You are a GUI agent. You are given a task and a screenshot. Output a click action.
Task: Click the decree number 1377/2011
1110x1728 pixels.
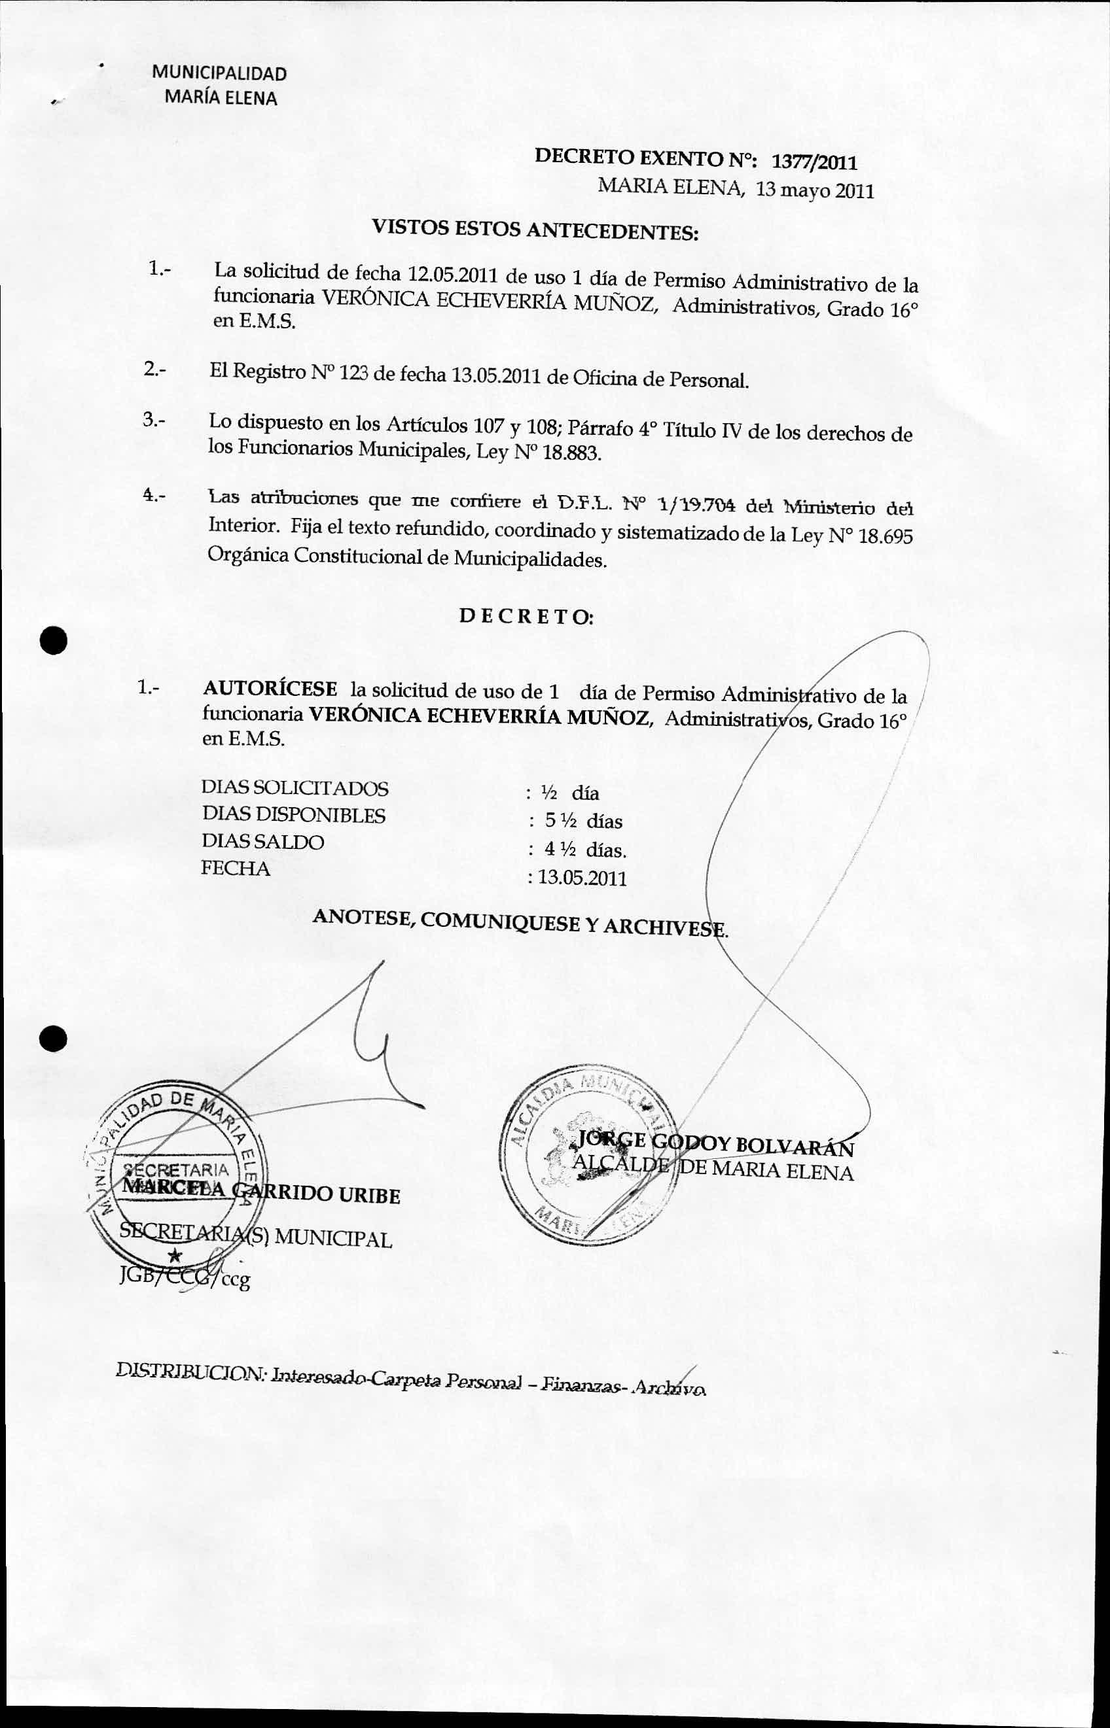pos(814,163)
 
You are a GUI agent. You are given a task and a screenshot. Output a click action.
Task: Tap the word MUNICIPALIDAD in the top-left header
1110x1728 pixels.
pos(219,73)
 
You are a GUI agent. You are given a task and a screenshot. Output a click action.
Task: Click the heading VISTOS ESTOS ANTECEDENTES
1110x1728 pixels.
pos(535,230)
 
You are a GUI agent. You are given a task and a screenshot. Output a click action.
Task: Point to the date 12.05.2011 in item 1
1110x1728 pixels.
pos(449,275)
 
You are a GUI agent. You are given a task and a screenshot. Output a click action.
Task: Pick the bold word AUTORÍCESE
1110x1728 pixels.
pos(270,689)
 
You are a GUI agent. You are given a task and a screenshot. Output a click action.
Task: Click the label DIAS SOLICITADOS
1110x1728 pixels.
pos(295,788)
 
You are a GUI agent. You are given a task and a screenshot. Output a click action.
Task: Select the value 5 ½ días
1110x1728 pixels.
pos(584,821)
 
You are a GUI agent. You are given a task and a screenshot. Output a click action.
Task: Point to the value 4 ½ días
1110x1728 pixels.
pos(585,850)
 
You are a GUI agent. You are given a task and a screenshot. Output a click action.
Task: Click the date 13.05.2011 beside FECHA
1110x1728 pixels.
pos(581,878)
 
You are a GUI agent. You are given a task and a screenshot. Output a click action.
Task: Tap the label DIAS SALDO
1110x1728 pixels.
pos(263,841)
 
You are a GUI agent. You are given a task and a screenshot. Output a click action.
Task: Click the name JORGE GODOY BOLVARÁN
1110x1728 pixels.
pos(715,1144)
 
